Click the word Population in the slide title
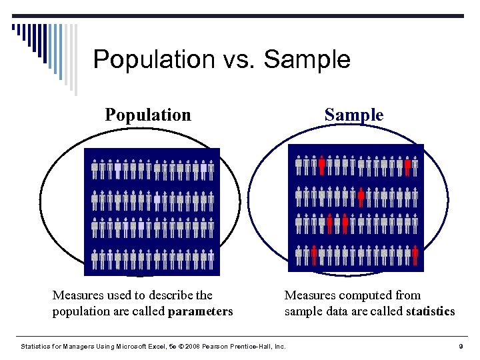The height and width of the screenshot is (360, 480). (x=154, y=59)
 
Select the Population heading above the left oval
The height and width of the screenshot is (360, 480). (x=148, y=115)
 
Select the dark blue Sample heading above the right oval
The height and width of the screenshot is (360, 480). (x=354, y=115)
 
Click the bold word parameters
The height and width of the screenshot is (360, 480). (x=201, y=311)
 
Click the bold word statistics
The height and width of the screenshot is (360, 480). (x=430, y=311)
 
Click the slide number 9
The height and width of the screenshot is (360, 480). (x=461, y=346)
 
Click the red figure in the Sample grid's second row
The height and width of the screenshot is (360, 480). (x=361, y=196)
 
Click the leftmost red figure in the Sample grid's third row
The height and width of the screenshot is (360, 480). (x=329, y=224)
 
